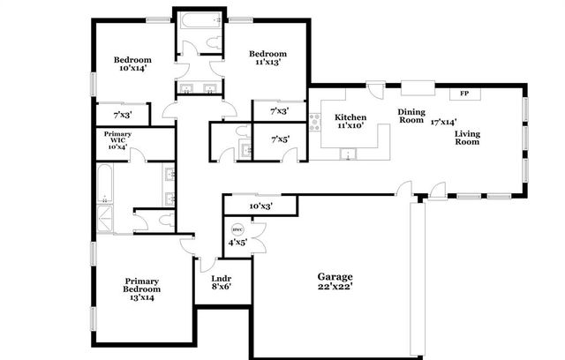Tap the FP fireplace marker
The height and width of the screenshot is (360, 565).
click(464, 93)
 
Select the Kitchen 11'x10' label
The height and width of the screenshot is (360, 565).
click(350, 121)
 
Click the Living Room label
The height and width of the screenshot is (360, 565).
click(467, 139)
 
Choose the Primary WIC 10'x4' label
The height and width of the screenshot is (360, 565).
click(117, 141)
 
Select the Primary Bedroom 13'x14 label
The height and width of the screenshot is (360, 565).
click(142, 289)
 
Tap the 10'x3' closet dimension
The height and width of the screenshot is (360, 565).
click(260, 206)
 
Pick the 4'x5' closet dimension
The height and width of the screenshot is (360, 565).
click(237, 241)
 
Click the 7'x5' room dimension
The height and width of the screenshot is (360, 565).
click(280, 139)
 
